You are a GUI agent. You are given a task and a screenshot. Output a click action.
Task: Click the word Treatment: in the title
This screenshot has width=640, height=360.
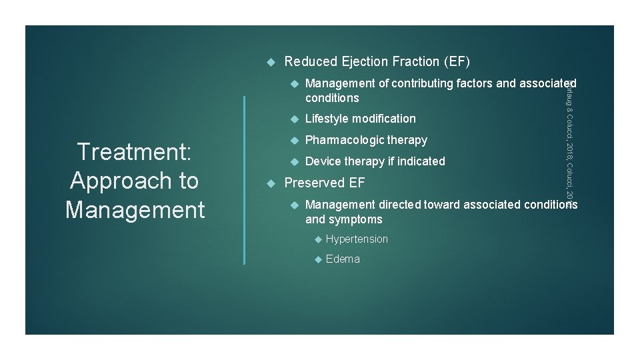coord(135,152)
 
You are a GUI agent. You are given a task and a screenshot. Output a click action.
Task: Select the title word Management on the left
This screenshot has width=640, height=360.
coord(135,210)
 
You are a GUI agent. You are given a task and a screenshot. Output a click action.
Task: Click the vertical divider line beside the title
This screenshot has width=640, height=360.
coord(245,180)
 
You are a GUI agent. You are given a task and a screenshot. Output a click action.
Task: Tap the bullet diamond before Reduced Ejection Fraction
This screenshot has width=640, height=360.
coord(270,61)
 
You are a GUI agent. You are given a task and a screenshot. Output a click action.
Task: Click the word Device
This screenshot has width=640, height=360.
coord(323,161)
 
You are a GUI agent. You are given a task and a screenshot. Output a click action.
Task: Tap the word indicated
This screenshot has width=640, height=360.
coord(421,161)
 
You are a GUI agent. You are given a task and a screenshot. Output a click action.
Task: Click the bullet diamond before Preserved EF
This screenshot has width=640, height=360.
coord(270,183)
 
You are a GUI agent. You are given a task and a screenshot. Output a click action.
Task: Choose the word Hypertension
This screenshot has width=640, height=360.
coord(357,239)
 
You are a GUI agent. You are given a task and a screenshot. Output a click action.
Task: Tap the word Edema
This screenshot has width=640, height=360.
coord(343,259)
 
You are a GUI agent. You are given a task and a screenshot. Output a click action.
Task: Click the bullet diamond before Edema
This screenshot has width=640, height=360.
coord(318,259)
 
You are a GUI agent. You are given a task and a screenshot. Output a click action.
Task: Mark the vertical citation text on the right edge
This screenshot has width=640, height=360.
coord(569,140)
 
